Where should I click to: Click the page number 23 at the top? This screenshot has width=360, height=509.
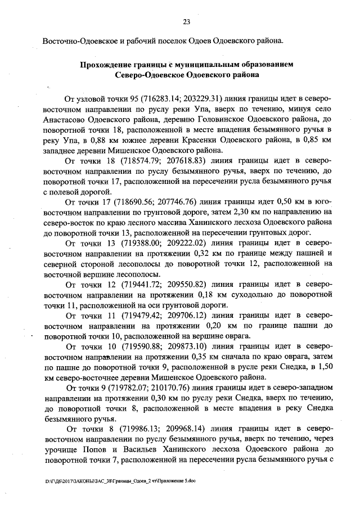point(186,22)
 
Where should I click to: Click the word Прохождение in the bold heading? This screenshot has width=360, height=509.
point(108,64)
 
